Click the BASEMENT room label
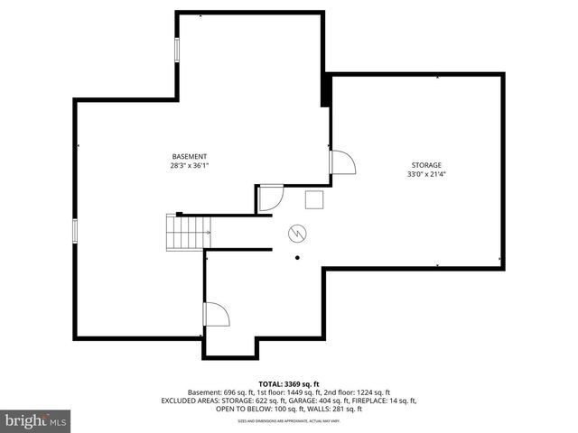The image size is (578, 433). pos(190,156)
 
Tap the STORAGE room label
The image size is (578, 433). pos(426,165)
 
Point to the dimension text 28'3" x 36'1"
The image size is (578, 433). pos(190,166)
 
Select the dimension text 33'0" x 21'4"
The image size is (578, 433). pos(426,175)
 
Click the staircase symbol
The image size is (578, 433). pos(186,233)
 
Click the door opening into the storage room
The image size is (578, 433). pos(343,163)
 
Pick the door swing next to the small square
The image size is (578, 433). pos(271,198)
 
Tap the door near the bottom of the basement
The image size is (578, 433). pos(217,314)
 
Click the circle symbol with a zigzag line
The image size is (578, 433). pos(297,235)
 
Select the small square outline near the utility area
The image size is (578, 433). pos(314,199)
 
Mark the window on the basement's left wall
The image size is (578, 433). pos(75,231)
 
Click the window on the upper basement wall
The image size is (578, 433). pos(176,50)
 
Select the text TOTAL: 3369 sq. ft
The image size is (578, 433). pos(289,383)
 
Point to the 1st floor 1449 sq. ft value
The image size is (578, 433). pos(287,392)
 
